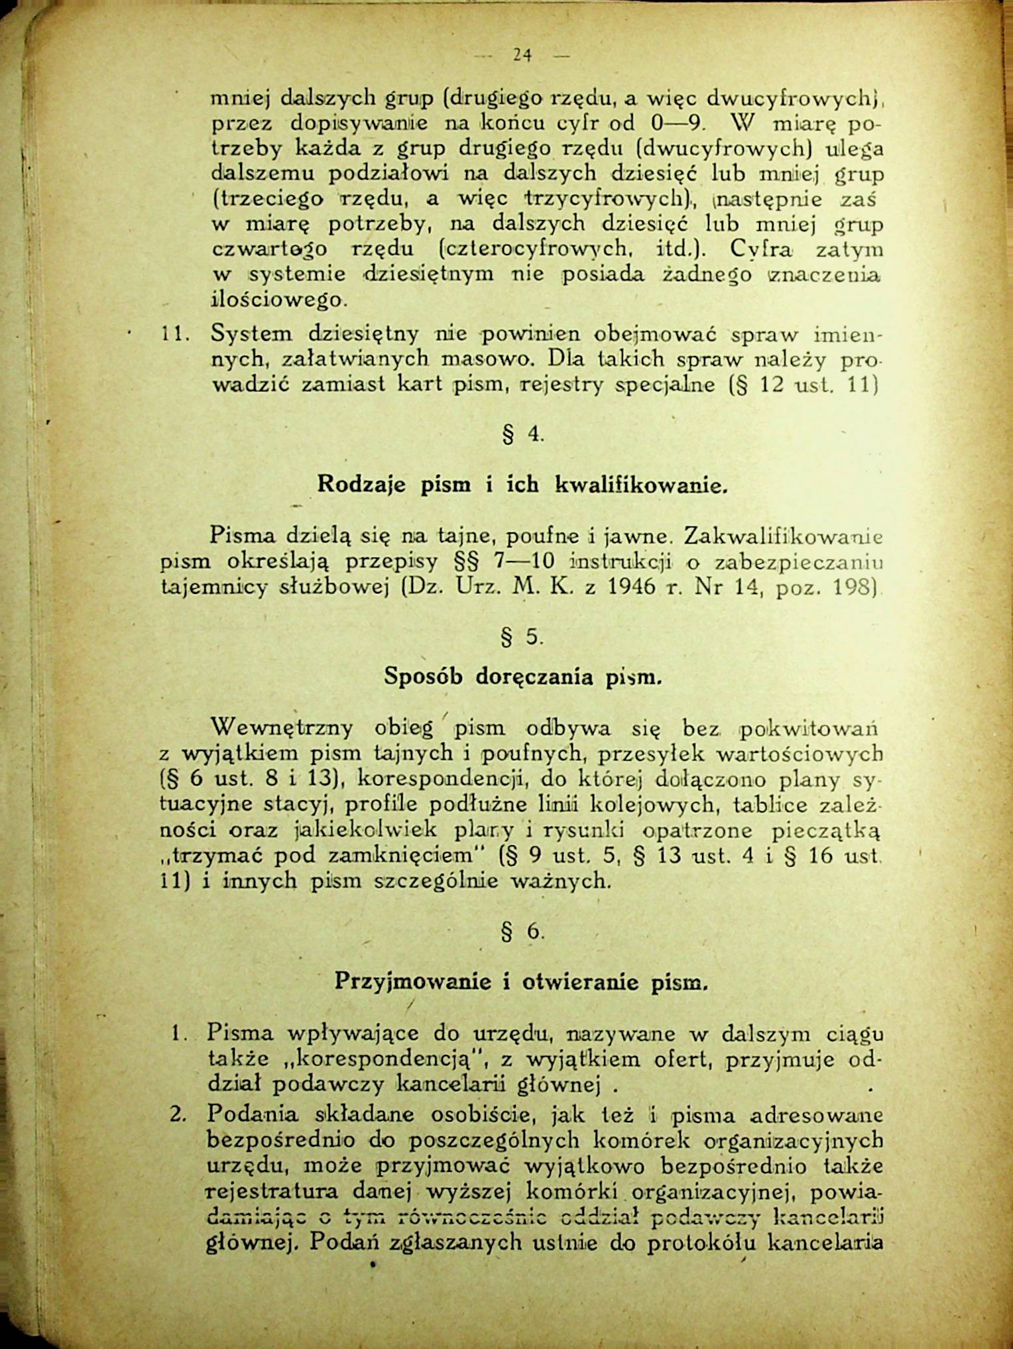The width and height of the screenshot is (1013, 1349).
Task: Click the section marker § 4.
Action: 523,436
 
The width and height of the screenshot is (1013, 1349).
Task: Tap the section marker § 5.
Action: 523,637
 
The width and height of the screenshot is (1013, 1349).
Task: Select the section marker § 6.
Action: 523,932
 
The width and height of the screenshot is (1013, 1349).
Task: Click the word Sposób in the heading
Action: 425,677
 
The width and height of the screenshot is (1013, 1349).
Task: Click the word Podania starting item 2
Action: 253,1114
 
